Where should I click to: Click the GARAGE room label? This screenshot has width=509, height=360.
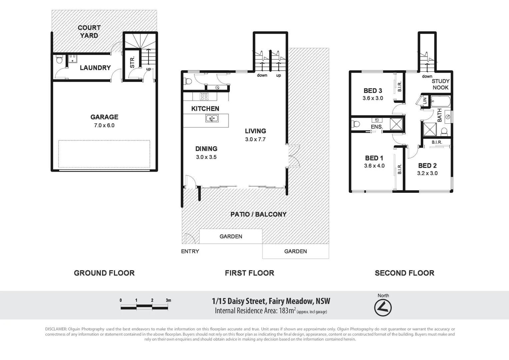tap(104, 117)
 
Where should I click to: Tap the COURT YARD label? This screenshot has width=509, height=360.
tap(89, 32)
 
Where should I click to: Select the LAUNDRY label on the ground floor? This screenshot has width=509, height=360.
tap(95, 68)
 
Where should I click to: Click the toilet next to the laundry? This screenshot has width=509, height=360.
tap(59, 60)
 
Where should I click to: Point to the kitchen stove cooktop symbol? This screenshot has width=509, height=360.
tap(204, 97)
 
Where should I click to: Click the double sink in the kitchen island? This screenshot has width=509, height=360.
tap(212, 118)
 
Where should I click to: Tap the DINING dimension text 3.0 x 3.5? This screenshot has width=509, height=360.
tap(206, 157)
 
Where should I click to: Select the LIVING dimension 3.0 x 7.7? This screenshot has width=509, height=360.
tap(255, 139)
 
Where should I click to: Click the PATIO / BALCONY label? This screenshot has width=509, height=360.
tap(258, 214)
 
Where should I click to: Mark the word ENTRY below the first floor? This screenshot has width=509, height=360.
tap(190, 251)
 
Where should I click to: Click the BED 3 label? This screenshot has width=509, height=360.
tap(373, 91)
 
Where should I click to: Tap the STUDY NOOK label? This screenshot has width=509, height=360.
tap(440, 84)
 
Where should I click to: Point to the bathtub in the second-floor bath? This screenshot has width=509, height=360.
tap(440, 101)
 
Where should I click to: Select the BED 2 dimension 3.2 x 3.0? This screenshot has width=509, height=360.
tap(427, 173)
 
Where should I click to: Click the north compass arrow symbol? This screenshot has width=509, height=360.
tap(383, 308)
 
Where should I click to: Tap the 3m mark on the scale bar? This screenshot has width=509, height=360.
tap(168, 300)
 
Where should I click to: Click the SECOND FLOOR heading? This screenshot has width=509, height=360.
tap(404, 273)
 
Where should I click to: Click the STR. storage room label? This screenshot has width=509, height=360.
tap(132, 62)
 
